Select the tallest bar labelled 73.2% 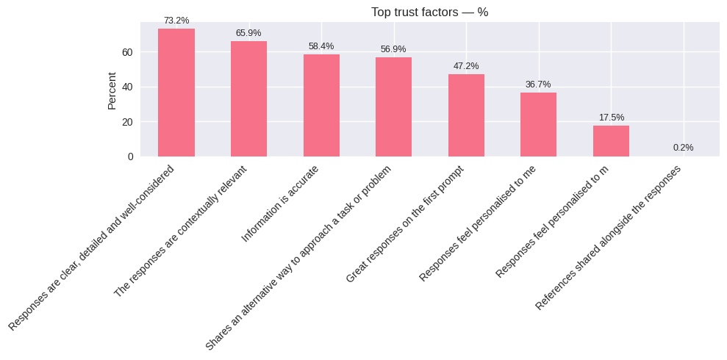(x=176, y=93)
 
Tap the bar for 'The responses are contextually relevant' (x=248, y=98)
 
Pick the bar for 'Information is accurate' (x=321, y=105)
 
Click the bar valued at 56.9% (x=393, y=107)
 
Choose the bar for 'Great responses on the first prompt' (x=466, y=115)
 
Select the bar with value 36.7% (x=538, y=124)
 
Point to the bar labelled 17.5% (x=611, y=141)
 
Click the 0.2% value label (x=683, y=148)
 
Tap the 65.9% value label (x=248, y=33)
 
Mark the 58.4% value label (x=321, y=46)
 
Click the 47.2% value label (x=466, y=66)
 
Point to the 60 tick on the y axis (x=127, y=52)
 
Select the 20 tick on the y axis (x=127, y=122)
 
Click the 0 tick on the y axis (x=130, y=156)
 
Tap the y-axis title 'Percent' (x=112, y=90)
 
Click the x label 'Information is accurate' (x=281, y=204)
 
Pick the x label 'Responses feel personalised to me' (x=478, y=223)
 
